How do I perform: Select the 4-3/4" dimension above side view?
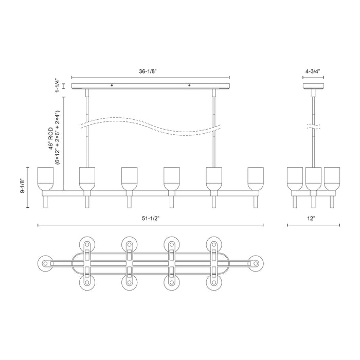pos(313,65)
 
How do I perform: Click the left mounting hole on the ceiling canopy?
pos(113,85)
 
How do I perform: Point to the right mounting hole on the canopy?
pos(189,85)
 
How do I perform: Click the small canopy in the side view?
pos(313,86)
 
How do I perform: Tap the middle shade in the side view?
pos(313,178)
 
